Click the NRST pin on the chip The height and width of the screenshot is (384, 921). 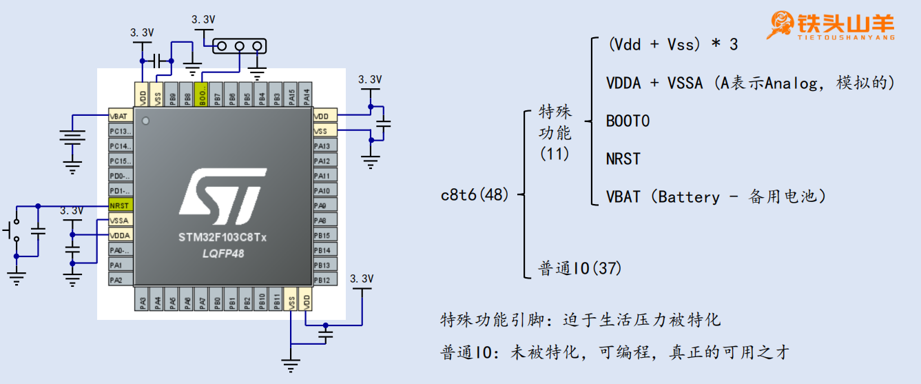click(x=120, y=205)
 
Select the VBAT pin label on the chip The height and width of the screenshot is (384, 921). click(x=120, y=116)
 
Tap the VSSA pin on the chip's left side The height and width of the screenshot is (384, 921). click(x=120, y=221)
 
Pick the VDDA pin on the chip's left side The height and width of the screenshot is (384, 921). click(x=120, y=236)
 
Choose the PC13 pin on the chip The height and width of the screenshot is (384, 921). click(x=120, y=131)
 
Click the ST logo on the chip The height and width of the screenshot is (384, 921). click(x=222, y=196)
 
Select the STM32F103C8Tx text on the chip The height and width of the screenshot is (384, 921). click(x=222, y=239)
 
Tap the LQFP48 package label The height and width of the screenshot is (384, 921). click(x=222, y=254)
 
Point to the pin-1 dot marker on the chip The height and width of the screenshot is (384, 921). click(x=145, y=121)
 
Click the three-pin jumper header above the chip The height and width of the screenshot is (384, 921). click(x=240, y=47)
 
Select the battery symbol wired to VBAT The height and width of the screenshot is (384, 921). click(x=72, y=139)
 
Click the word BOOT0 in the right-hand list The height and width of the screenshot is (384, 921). click(x=628, y=121)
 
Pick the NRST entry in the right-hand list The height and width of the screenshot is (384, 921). click(x=623, y=159)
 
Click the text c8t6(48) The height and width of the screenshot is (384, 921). click(x=475, y=195)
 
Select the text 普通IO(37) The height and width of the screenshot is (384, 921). click(x=579, y=268)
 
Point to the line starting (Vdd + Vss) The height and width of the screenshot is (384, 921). click(x=673, y=45)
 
